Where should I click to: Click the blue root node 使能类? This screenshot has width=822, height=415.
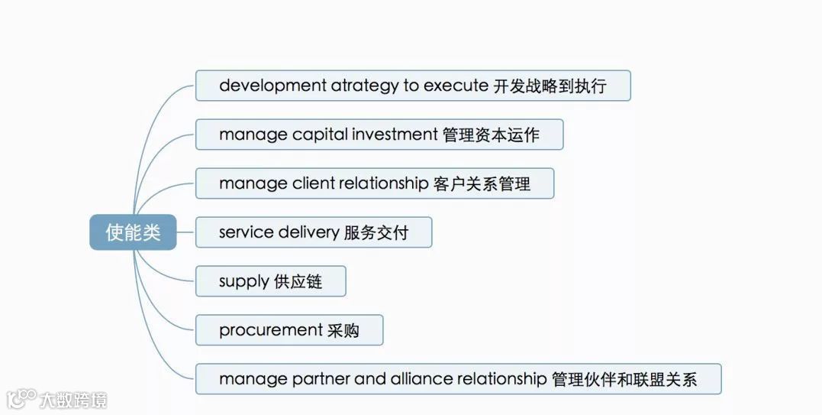(133, 232)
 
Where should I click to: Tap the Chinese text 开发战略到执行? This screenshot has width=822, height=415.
(550, 86)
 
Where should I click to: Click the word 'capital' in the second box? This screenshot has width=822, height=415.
(320, 135)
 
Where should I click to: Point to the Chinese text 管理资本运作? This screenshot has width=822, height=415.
(491, 135)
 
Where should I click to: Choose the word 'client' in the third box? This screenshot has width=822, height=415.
(313, 183)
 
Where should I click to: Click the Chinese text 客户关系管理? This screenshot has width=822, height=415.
(482, 183)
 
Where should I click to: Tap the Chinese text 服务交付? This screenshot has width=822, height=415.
(376, 232)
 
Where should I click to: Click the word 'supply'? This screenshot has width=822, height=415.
(243, 282)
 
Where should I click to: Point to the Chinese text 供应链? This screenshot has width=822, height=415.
(298, 282)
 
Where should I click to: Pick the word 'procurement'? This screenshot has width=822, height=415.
(270, 330)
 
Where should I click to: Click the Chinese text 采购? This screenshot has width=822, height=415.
(343, 330)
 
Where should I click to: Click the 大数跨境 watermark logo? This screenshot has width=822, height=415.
(56, 399)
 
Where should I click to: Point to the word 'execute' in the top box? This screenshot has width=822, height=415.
(456, 86)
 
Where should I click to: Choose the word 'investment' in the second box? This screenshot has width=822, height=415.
(395, 135)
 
